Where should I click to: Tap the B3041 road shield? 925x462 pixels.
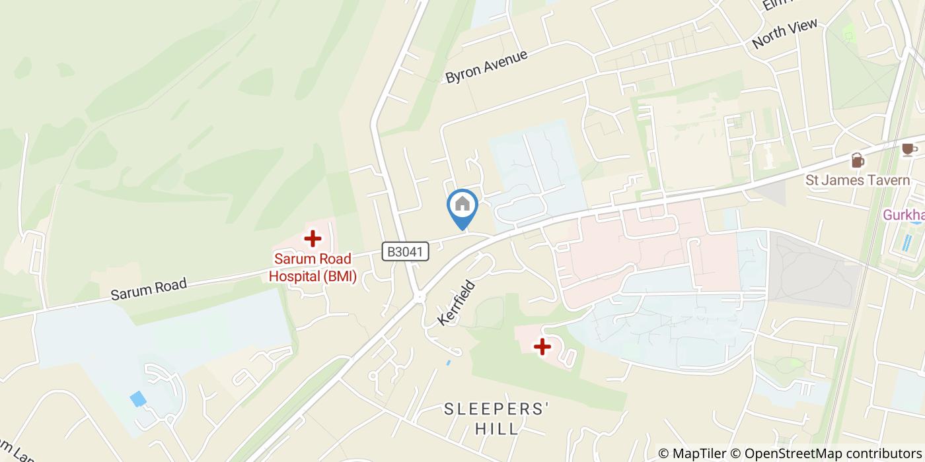point(406,251)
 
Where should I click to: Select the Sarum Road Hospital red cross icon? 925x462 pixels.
point(312,238)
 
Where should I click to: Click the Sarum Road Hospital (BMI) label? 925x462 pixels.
point(313,267)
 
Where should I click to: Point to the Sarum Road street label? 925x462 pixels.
point(149,289)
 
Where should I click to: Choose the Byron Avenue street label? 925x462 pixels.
point(487,66)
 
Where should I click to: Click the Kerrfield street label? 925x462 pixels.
point(457,303)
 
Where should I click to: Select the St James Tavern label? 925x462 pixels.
point(857,180)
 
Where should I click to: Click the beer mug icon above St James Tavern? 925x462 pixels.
point(857,160)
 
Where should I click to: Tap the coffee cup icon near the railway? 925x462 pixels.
point(909,149)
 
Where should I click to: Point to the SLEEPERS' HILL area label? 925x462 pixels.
point(497,418)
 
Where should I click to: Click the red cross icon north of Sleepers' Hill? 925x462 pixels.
point(542,346)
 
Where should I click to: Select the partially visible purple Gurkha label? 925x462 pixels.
point(903,215)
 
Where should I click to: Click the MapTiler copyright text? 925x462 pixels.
point(692,453)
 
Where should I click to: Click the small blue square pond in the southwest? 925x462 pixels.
point(138,399)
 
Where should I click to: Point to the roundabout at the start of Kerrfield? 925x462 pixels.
point(419,298)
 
